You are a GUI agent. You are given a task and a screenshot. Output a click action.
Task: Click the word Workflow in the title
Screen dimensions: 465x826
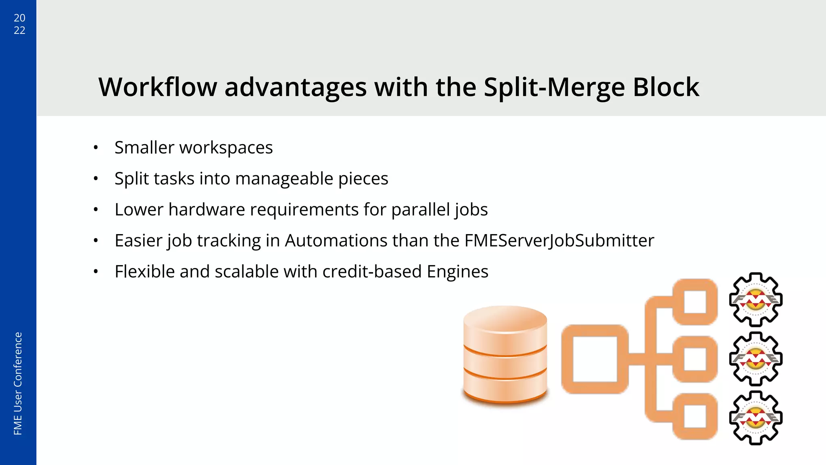click(158, 87)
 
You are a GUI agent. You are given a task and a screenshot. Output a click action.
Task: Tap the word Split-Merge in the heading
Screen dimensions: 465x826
click(554, 87)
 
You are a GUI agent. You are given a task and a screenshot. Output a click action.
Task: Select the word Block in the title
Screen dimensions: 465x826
click(666, 87)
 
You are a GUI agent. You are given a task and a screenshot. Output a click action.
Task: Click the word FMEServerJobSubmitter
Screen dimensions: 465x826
click(559, 241)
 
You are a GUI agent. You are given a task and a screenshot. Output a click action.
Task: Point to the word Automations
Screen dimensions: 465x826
click(336, 241)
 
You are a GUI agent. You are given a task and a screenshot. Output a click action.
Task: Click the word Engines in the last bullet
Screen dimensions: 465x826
click(457, 272)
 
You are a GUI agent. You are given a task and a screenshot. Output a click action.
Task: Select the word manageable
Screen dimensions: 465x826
click(284, 179)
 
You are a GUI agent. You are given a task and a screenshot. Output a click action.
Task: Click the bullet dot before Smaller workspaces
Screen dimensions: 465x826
click(96, 148)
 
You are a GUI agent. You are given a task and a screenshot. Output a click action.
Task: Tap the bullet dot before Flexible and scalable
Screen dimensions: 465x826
click(96, 272)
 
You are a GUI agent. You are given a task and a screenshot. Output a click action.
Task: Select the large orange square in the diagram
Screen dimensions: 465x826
click(594, 359)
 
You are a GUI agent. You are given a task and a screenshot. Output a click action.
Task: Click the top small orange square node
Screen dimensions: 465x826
click(695, 302)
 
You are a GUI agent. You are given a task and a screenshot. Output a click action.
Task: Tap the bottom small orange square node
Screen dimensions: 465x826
click(695, 416)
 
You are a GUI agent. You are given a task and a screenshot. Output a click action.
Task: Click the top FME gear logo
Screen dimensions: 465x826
click(756, 300)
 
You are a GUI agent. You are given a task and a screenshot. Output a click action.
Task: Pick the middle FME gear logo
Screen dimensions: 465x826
click(756, 358)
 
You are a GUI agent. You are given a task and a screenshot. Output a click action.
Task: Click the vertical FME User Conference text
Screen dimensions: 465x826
click(18, 383)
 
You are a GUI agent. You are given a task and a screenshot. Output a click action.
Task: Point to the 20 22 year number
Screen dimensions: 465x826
click(19, 24)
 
